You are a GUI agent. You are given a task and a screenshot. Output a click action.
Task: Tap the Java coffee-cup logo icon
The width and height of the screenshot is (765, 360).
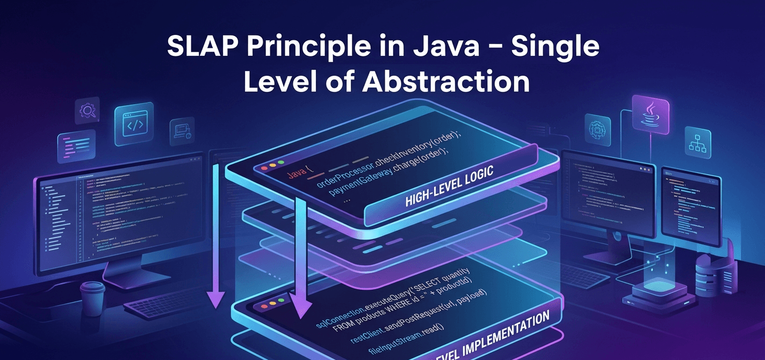point(650,114)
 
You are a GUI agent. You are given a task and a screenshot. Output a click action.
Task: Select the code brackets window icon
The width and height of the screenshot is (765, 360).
point(134,125)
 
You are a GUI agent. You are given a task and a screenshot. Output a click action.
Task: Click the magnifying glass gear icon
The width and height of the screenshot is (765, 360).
point(87,111)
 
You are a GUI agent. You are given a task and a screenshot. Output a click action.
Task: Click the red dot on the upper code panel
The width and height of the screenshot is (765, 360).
point(264,168)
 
